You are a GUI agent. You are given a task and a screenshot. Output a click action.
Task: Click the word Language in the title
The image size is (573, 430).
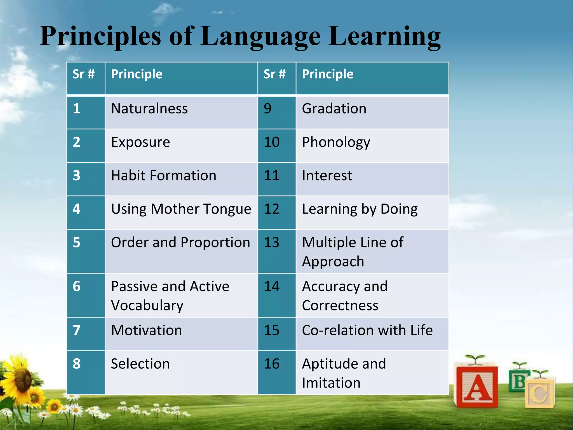click(x=260, y=36)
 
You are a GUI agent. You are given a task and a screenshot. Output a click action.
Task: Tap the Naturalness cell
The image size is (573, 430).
click(x=149, y=109)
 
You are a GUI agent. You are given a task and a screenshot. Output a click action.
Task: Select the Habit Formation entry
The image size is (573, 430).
click(x=164, y=176)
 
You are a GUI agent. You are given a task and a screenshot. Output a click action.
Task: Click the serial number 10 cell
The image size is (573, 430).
click(x=272, y=142)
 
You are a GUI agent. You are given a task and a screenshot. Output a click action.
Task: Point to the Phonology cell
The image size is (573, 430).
click(x=336, y=142)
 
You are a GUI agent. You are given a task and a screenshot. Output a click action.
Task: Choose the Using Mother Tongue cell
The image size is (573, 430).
click(x=181, y=209)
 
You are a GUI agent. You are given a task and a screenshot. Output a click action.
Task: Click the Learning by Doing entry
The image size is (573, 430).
click(x=360, y=209)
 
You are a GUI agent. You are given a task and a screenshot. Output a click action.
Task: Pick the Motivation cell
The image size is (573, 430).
click(x=147, y=330)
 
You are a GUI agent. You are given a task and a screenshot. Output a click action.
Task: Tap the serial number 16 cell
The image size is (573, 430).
click(x=272, y=364)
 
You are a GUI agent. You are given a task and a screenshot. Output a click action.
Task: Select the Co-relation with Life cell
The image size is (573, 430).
click(x=367, y=330)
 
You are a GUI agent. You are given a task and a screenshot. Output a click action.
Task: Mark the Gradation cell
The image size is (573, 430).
click(x=334, y=109)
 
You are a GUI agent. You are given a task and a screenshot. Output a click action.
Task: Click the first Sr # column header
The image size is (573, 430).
click(x=84, y=74)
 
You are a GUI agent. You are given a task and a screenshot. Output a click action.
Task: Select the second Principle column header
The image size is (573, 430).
click(x=328, y=74)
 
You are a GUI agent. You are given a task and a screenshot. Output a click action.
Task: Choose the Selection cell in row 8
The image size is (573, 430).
click(x=140, y=364)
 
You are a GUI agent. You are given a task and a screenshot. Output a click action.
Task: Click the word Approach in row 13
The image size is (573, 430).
click(x=333, y=261)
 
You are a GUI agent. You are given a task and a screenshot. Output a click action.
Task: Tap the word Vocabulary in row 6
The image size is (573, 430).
click(x=147, y=305)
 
